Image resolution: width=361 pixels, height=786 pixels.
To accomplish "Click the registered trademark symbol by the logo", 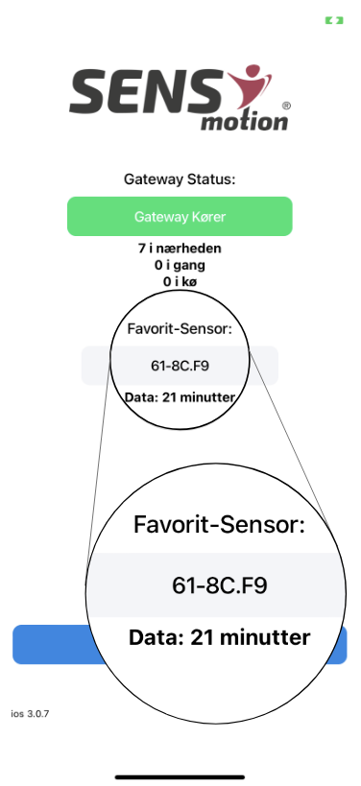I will click(x=286, y=105).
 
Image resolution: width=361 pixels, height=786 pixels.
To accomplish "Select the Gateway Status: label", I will click(x=180, y=179).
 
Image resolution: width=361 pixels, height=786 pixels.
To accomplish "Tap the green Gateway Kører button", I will click(x=180, y=217).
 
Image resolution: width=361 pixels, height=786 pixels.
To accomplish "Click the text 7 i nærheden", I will click(x=180, y=248).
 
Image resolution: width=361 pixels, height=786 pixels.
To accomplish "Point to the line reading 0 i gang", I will click(x=180, y=265).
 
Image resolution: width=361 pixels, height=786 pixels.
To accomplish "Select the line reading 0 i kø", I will click(x=180, y=281).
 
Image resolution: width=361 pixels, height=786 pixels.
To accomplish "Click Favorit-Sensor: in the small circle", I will click(x=180, y=329).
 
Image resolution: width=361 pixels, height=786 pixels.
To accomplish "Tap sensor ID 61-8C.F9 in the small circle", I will click(x=180, y=366).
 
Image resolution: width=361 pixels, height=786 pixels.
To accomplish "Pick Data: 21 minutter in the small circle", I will click(x=180, y=395).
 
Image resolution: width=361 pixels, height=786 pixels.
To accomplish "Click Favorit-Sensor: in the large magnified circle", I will click(x=219, y=525).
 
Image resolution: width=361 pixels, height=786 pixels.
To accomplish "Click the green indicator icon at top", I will click(x=333, y=19).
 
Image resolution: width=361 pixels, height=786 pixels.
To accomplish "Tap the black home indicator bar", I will click(x=180, y=774).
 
